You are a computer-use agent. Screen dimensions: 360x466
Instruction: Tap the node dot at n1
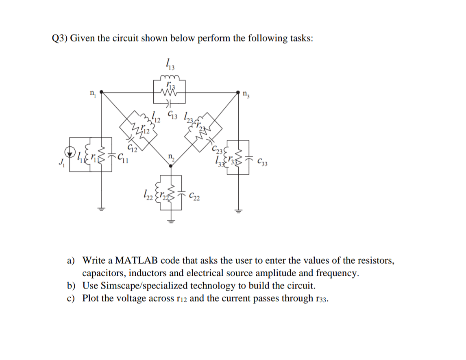pos(101,92)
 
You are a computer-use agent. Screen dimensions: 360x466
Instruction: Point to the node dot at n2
pos(170,165)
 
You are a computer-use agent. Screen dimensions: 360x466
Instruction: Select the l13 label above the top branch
pos(168,64)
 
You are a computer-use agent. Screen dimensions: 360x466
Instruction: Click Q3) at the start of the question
pos(60,38)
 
